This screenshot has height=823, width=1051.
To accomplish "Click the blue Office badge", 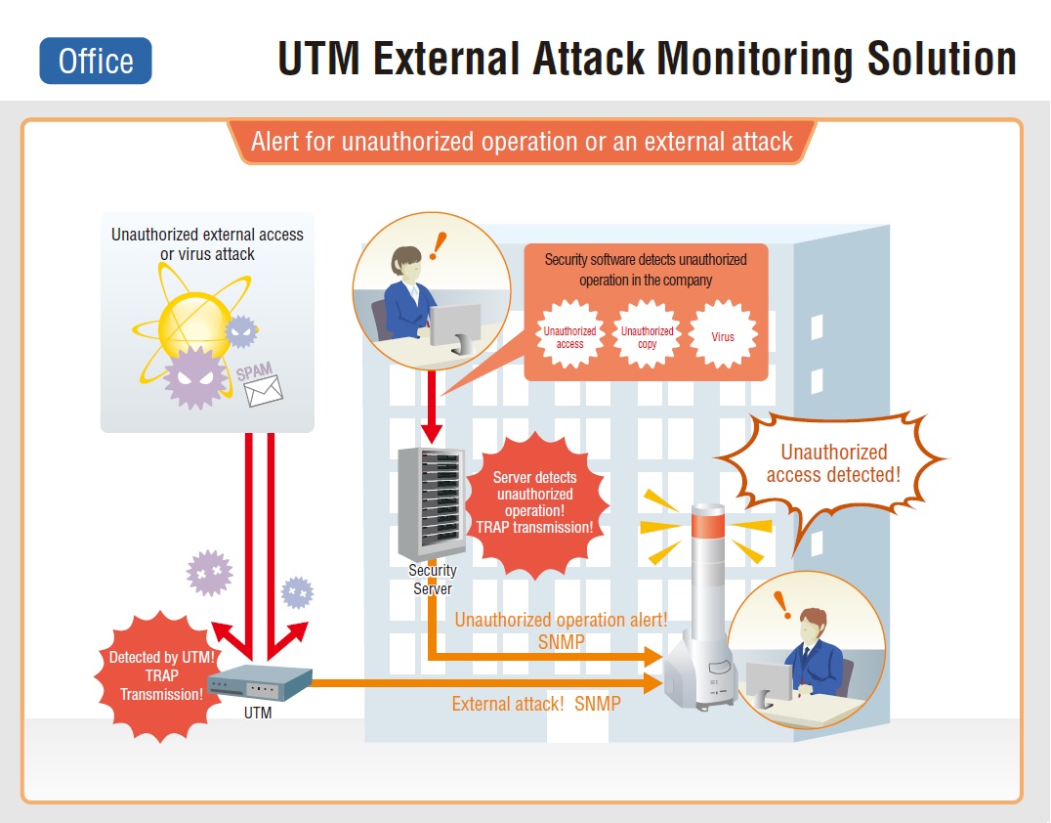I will (96, 61).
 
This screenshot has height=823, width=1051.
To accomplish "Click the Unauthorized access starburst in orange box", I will (569, 337).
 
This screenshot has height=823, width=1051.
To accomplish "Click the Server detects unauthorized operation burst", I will (534, 502).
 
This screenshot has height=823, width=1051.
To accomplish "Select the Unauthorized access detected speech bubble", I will (833, 463).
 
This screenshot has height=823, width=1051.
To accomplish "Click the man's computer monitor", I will (769, 680).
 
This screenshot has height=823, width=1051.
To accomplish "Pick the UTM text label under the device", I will (258, 713).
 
